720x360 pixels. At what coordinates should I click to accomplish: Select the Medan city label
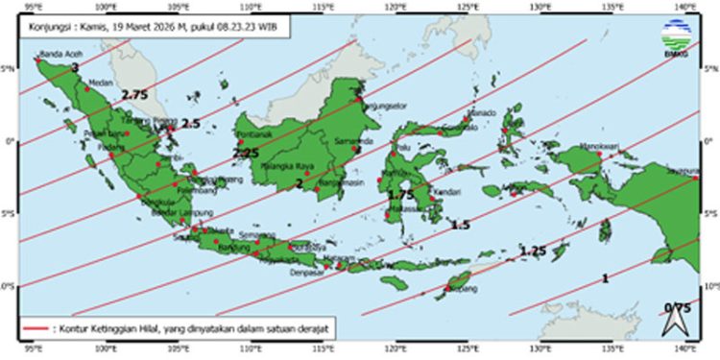(x=100, y=83)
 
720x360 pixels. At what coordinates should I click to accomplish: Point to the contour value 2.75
(x=135, y=95)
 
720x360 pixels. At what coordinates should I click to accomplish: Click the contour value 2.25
(x=246, y=153)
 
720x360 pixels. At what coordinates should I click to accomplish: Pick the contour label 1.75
(x=400, y=195)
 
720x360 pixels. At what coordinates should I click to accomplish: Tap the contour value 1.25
(x=533, y=252)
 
